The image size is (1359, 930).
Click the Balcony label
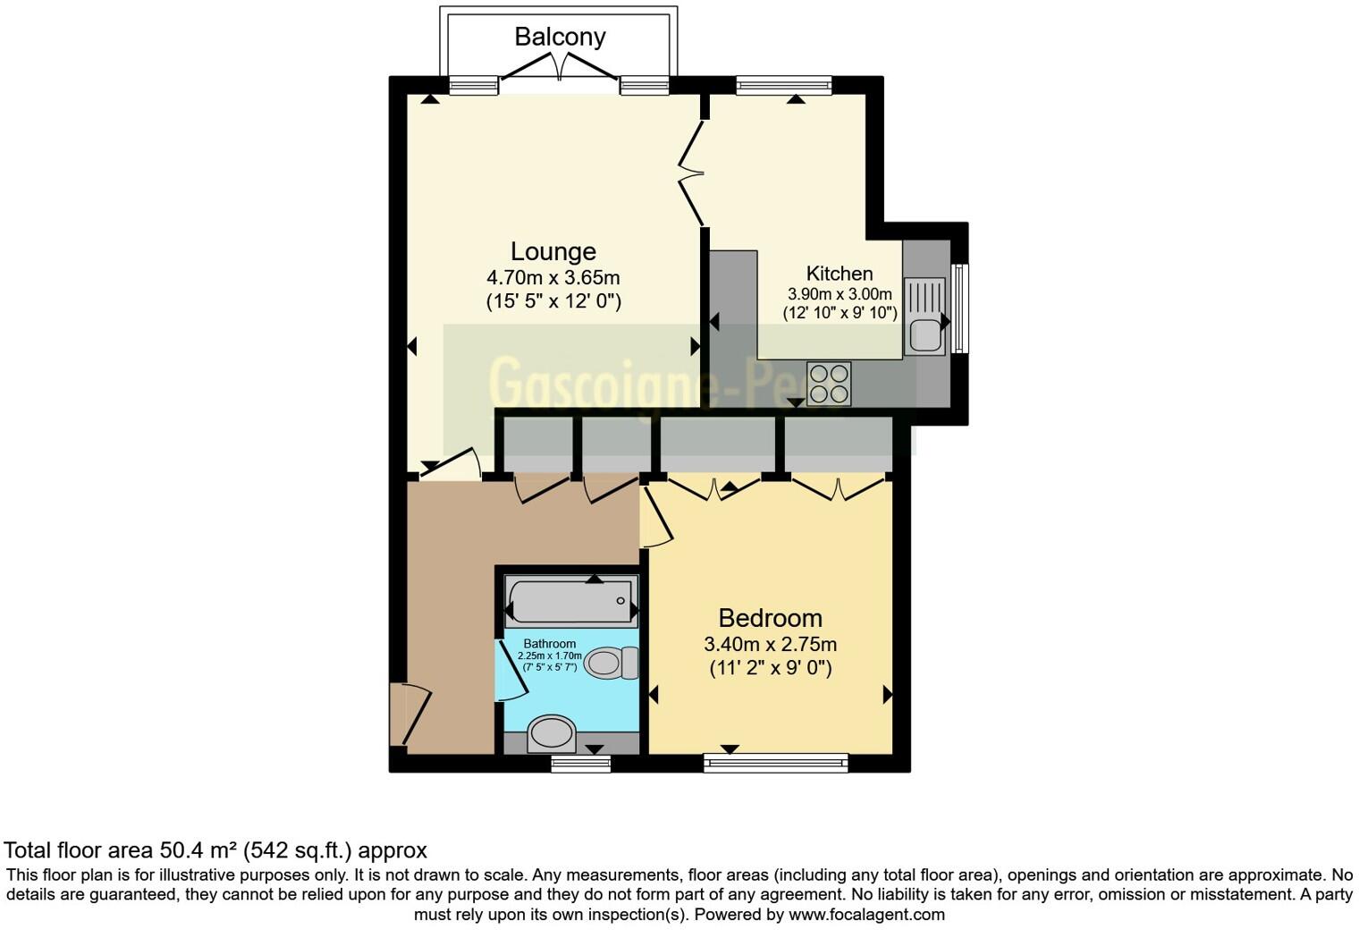[x=560, y=37]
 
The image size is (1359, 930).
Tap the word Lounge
[x=553, y=251]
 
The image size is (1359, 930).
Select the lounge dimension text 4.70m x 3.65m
[x=553, y=276]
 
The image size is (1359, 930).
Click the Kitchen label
[x=839, y=274]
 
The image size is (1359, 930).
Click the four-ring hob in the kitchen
[x=828, y=384]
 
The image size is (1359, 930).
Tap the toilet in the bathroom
[x=612, y=663]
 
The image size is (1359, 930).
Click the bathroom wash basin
[x=551, y=734]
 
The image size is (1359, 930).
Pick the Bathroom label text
[x=549, y=644]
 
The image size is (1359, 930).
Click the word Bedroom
[x=770, y=618]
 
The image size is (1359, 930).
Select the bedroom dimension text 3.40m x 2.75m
[x=770, y=644]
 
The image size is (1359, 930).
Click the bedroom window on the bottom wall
[x=775, y=763]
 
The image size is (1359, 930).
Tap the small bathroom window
[x=580, y=763]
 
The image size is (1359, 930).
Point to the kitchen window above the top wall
[x=783, y=86]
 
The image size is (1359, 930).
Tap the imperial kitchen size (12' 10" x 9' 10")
[x=840, y=313]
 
